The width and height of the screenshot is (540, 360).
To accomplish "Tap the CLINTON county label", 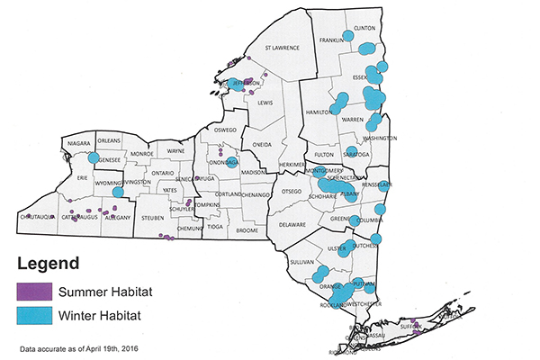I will (364, 28).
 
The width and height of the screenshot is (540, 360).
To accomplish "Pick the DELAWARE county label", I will (292, 225).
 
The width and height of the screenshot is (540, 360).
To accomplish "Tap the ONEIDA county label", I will (261, 144).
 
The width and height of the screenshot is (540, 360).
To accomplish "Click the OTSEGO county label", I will (291, 191).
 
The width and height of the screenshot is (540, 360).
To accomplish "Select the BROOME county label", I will (247, 230).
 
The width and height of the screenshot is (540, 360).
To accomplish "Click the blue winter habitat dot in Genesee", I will (94, 158).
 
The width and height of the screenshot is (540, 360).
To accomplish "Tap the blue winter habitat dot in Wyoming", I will (117, 192).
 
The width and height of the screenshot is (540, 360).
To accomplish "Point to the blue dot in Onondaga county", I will (232, 163).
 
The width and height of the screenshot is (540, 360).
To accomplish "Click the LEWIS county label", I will (265, 103).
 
